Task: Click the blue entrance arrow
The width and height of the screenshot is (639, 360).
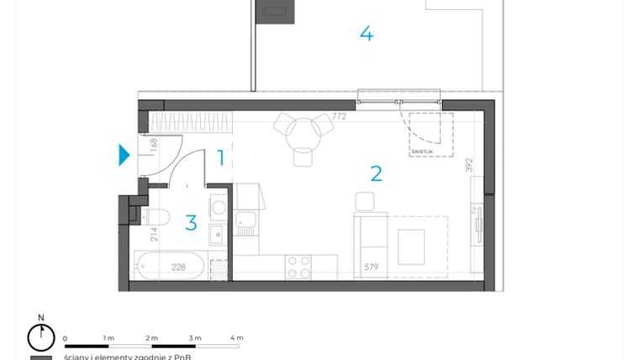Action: [x=124, y=155]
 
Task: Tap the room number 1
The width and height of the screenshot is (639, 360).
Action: [x=221, y=157]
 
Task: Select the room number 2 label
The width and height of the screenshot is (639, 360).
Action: [x=376, y=174]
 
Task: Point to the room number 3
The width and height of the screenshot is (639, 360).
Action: [x=191, y=223]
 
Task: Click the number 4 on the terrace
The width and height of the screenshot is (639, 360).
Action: [x=366, y=34]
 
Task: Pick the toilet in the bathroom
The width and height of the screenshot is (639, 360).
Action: [x=159, y=217]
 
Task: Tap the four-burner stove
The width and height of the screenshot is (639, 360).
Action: [x=298, y=267]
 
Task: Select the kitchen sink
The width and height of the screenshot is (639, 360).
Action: [x=246, y=223]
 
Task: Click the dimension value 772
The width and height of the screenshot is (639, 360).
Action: [x=339, y=117]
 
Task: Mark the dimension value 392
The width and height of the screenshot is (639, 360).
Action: [x=470, y=164]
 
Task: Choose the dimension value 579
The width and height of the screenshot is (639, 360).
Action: [x=372, y=268]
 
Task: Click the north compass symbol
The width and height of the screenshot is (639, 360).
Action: [x=40, y=336]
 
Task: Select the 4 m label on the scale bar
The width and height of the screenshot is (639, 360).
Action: [x=236, y=338]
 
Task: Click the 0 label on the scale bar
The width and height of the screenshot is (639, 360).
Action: [x=65, y=338]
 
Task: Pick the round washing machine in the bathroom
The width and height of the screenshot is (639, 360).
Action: [x=218, y=205]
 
